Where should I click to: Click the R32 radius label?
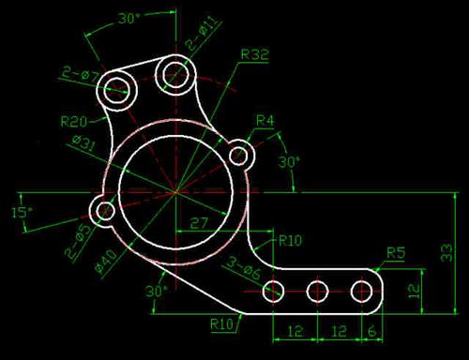(x=254, y=54)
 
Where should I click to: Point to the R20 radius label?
(x=74, y=121)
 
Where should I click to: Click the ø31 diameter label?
(x=83, y=142)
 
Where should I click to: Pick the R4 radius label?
(x=265, y=120)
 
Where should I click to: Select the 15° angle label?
(x=22, y=212)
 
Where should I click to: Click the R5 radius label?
(x=396, y=252)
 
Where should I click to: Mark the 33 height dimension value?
(x=447, y=250)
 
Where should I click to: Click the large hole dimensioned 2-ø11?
(x=175, y=73)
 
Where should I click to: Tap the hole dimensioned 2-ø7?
(x=117, y=90)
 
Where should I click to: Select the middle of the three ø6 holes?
(x=317, y=291)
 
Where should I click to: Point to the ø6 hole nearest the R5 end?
(x=361, y=291)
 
